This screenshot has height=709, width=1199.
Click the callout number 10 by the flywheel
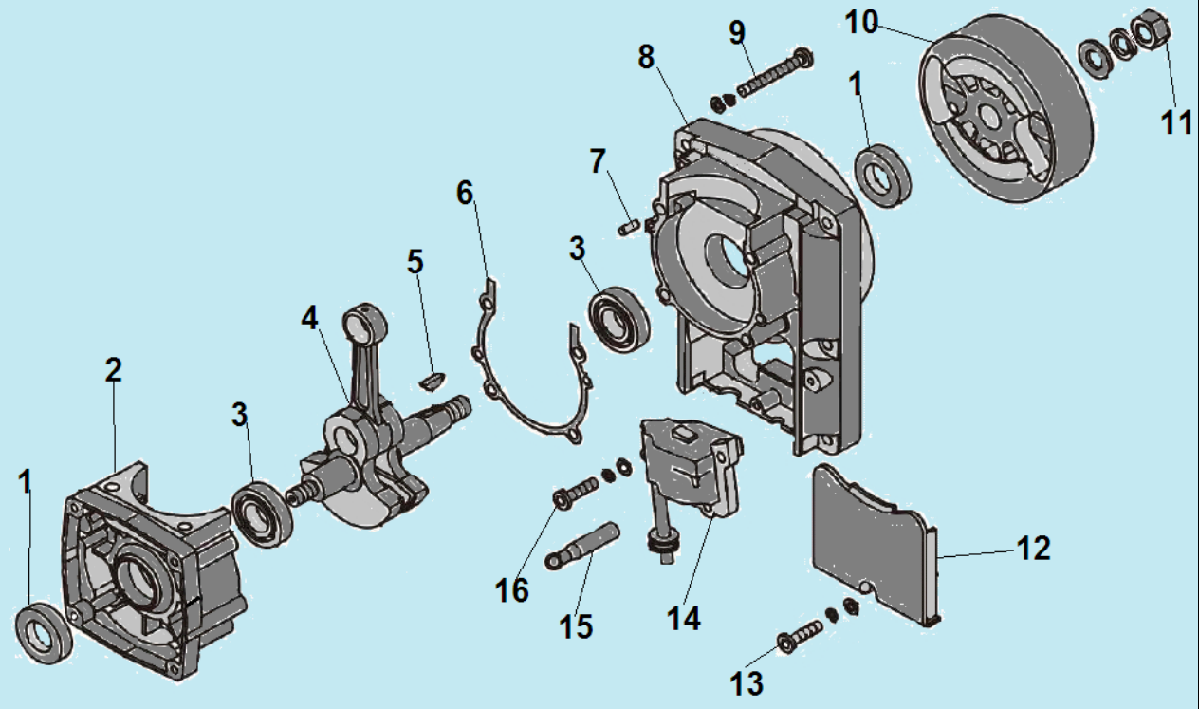(x=861, y=24)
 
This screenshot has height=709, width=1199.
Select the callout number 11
(x=1176, y=123)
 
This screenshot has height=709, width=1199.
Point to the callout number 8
(x=646, y=57)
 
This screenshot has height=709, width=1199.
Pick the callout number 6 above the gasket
(x=465, y=193)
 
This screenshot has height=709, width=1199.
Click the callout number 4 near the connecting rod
(x=309, y=318)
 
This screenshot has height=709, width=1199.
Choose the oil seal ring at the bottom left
(x=44, y=634)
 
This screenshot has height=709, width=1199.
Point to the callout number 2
(x=114, y=370)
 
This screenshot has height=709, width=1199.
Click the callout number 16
(x=512, y=590)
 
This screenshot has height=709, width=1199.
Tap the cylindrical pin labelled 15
(x=581, y=546)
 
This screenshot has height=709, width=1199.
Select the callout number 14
(x=684, y=619)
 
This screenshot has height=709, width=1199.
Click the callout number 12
(x=1034, y=549)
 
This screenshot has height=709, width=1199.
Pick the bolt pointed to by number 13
(x=799, y=636)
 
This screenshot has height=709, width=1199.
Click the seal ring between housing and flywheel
(x=883, y=176)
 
